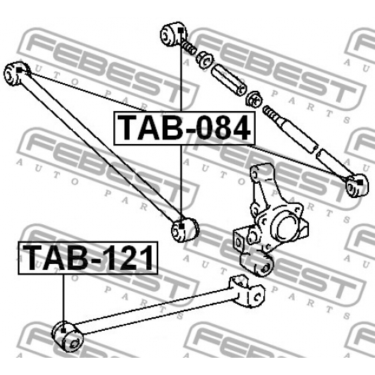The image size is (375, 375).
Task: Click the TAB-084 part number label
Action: click(x=184, y=128)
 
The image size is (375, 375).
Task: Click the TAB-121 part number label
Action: click(x=88, y=258)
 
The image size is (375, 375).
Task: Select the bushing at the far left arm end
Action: click(x=16, y=73)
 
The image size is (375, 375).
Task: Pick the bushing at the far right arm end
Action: click(x=357, y=185)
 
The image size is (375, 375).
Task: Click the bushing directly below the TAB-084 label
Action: click(x=184, y=229)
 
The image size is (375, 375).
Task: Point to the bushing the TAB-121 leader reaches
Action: click(x=68, y=336)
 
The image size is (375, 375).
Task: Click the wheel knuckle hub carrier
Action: click(x=271, y=220)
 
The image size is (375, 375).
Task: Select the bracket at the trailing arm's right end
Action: click(x=247, y=291)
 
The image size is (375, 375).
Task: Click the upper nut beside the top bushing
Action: click(x=205, y=59)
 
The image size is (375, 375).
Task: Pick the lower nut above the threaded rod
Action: click(x=254, y=98)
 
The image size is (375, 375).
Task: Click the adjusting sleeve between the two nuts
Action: click(x=229, y=79)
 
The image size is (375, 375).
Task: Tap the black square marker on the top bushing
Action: click(x=181, y=31)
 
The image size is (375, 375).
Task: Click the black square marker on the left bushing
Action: click(x=19, y=70)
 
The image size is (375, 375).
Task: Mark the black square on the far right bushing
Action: click(x=360, y=182)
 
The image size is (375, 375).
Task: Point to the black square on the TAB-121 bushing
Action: click(x=63, y=331)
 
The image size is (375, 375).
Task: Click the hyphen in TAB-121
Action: click(x=95, y=261)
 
